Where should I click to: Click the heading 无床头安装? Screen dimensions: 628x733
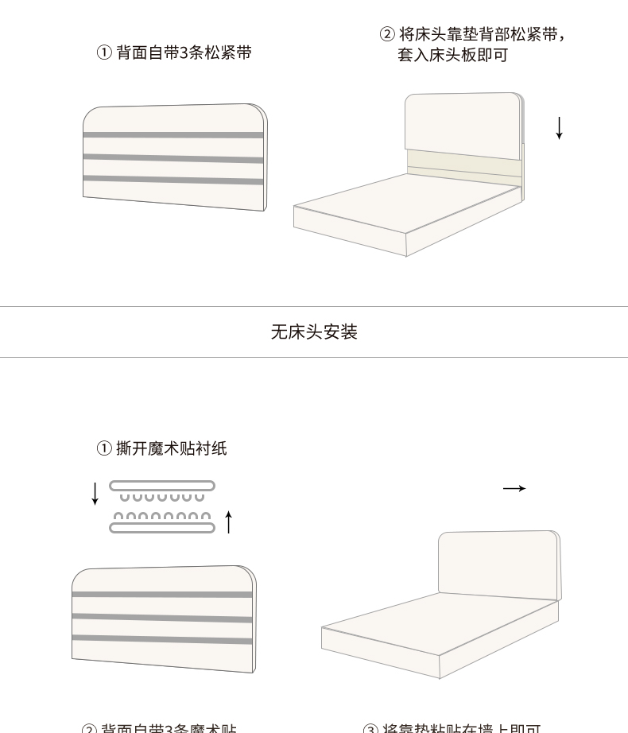tap(314, 332)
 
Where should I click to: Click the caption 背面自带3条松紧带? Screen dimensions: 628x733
tap(174, 53)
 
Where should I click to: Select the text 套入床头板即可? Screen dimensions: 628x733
tap(452, 55)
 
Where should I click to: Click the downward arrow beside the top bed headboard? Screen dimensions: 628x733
tap(559, 127)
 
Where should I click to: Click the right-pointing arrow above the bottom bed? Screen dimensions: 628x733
tap(514, 488)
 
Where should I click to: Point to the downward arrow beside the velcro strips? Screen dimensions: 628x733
tap(95, 493)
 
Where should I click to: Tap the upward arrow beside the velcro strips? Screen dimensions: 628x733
tap(229, 522)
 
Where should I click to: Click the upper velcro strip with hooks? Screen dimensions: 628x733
tap(162, 486)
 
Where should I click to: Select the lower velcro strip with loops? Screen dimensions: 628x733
tap(162, 527)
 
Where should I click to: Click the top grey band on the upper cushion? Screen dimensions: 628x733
tap(173, 135)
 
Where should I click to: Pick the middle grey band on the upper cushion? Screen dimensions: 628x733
tap(173, 158)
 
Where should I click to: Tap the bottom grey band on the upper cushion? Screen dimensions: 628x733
tap(173, 180)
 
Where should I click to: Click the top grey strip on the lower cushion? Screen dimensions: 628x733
tap(162, 595)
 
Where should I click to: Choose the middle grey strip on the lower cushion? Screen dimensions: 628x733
tap(162, 617)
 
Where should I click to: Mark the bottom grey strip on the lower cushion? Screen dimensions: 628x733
tap(162, 638)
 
